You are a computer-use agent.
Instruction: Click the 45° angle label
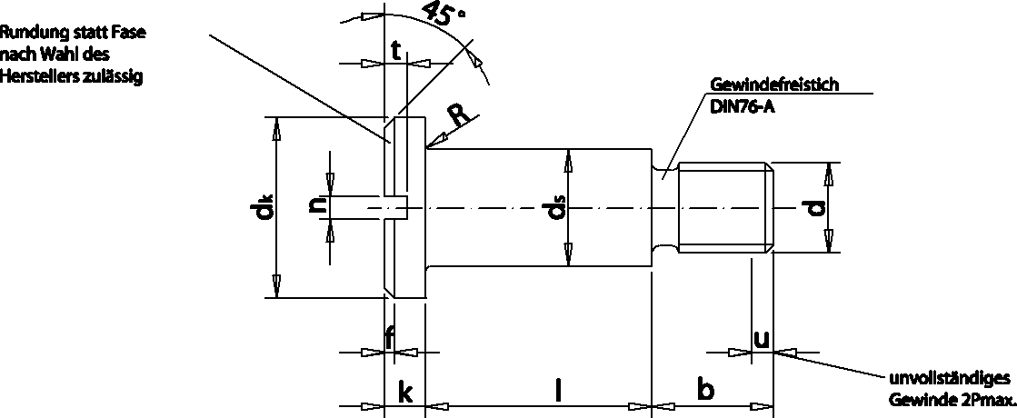click(x=443, y=15)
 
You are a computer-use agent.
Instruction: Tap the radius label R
click(x=459, y=114)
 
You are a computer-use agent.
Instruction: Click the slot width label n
click(x=316, y=206)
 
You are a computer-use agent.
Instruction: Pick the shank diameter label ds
click(x=556, y=207)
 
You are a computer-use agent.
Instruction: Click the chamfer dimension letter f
click(x=390, y=338)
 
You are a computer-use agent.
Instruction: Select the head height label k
click(x=405, y=392)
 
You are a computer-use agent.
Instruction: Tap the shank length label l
click(x=557, y=391)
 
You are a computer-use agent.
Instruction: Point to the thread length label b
click(x=706, y=390)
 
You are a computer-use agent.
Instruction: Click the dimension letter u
click(x=763, y=339)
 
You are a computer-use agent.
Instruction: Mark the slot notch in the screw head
click(x=395, y=207)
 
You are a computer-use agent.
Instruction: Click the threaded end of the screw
click(x=726, y=207)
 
